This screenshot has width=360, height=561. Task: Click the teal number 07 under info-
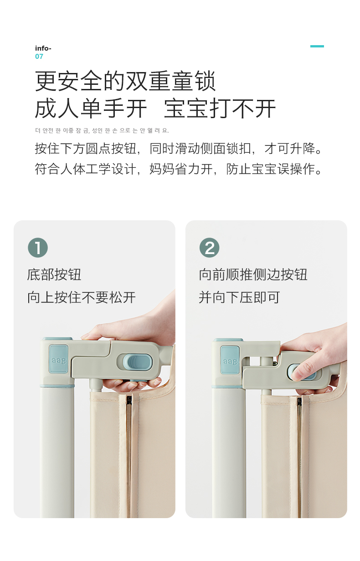pos(39,57)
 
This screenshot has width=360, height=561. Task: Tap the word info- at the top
pos(43,48)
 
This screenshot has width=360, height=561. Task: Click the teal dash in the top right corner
pos(317,46)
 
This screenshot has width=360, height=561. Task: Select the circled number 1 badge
pos(38,248)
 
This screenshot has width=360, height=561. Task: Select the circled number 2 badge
pos(210,248)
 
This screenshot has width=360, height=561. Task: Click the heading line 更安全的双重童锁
pos(125,81)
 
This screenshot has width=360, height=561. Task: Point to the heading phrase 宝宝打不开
pos(220,109)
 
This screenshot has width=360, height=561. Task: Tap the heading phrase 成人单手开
pos(91,109)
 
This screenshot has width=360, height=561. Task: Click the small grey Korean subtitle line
pos(102,130)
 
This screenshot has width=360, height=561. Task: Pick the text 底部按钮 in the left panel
pos(54,275)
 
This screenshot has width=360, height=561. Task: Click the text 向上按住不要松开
pos(82,297)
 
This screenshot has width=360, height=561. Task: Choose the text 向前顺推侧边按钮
pos(253,275)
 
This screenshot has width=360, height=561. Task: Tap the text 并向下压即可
pos(239,297)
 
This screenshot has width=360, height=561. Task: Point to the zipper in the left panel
pos(129,456)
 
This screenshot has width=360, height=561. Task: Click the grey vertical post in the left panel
pos(57,451)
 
